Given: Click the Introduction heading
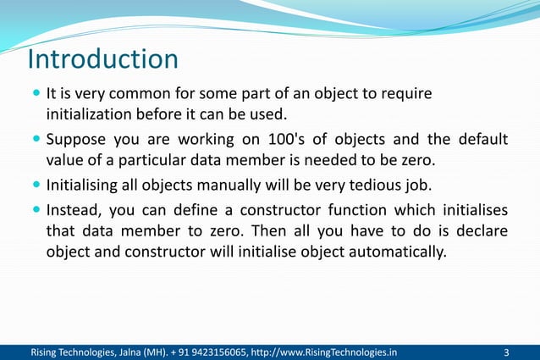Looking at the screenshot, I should tap(102, 60).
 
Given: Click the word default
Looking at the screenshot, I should tap(483, 139).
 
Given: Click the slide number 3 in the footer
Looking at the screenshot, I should tap(506, 352).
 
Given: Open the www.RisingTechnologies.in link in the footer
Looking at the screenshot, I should tap(328, 352).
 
